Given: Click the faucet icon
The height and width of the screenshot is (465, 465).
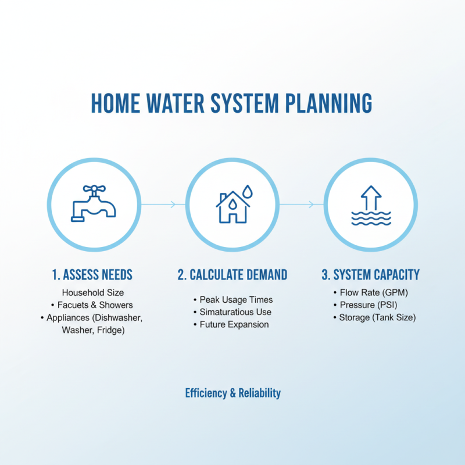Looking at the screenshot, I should (x=94, y=204).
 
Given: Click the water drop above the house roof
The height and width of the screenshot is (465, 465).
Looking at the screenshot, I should (x=248, y=191).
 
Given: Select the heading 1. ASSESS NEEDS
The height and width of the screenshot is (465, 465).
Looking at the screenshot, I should (x=94, y=274).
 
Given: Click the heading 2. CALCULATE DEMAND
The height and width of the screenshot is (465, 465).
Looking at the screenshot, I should (x=232, y=274).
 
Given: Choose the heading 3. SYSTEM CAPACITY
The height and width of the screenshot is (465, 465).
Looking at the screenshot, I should (x=371, y=274).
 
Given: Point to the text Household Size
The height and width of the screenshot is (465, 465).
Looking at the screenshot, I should (x=93, y=292).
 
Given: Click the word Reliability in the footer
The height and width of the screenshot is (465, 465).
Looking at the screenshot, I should (x=260, y=393).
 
